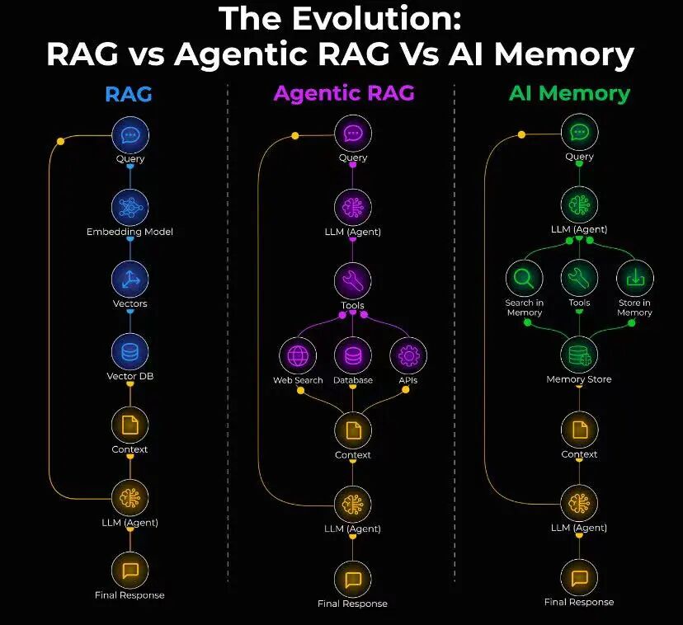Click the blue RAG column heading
point(129,93)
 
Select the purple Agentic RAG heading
point(344,93)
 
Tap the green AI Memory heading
point(569,92)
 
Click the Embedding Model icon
point(130,207)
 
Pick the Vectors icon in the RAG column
point(130,280)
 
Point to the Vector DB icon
point(130,352)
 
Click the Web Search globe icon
point(298,356)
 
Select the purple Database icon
point(353,356)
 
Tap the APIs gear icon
point(408,356)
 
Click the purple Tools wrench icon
point(353,281)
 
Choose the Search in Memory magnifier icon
point(525,279)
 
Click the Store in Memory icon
point(635,279)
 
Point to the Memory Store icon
point(579,355)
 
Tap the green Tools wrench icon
point(580,279)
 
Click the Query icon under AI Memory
point(579,132)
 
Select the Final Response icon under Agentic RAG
point(353,579)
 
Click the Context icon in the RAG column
point(130,425)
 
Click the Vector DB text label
point(130,377)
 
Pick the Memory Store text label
point(579,380)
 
